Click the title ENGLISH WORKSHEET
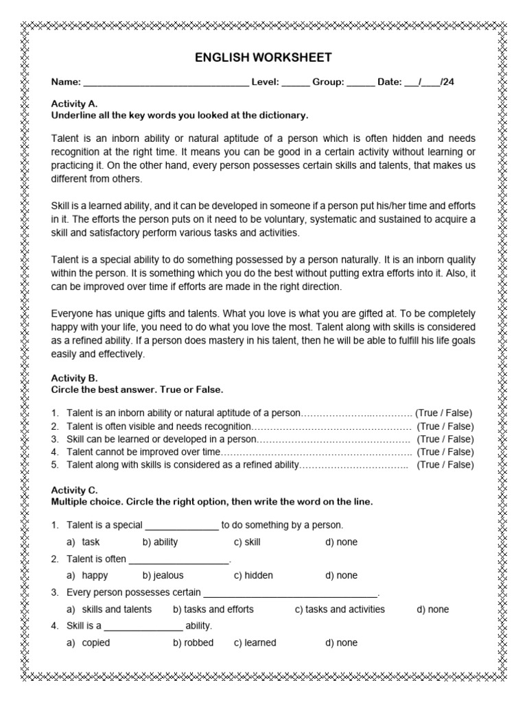(263, 57)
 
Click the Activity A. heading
(75, 104)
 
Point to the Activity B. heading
(75, 378)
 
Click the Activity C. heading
(75, 490)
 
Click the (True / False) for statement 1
(444, 413)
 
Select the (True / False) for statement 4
(445, 452)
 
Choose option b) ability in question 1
(160, 542)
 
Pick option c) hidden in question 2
(253, 576)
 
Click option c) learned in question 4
(255, 643)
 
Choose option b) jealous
(163, 576)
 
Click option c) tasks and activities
(340, 609)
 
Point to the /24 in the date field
(446, 82)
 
